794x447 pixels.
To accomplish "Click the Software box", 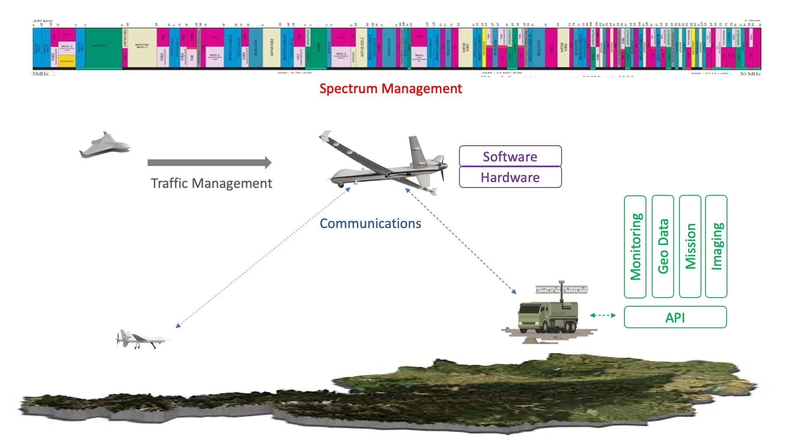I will [x=510, y=156].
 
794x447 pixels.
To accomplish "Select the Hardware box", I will [x=510, y=177].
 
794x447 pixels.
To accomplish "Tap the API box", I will [x=675, y=317].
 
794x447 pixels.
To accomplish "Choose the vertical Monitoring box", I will [x=635, y=246].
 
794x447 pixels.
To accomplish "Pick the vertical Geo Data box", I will [x=662, y=246].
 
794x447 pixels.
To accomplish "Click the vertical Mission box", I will [x=690, y=246].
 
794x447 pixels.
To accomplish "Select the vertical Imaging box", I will [x=716, y=246].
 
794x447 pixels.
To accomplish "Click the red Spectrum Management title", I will [x=390, y=89].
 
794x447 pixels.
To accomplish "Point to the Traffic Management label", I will [x=211, y=183].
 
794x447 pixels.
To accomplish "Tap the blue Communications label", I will [x=370, y=223].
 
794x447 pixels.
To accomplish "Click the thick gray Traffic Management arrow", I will [x=209, y=163].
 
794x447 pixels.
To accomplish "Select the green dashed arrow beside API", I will [x=603, y=315].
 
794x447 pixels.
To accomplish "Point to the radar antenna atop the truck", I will [x=561, y=288].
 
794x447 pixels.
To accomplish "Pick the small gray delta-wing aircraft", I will [x=105, y=145].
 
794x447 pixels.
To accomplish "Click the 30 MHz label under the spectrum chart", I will [x=750, y=74].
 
